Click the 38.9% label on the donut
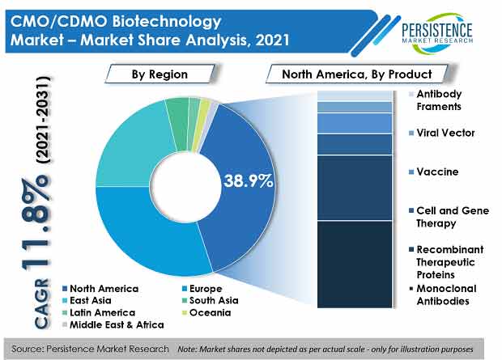coord(248,180)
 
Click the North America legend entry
coord(100,289)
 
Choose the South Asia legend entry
coord(210,300)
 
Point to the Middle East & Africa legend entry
coord(113,324)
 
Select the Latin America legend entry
coord(99,312)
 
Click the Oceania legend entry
coord(206,312)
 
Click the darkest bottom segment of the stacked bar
coord(355,265)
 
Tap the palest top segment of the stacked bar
coord(355,95)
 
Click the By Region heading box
coord(160,74)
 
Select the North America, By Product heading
coord(356,74)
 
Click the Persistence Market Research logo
coord(437,32)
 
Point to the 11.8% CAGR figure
coord(36,222)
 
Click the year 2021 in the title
coord(272,40)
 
